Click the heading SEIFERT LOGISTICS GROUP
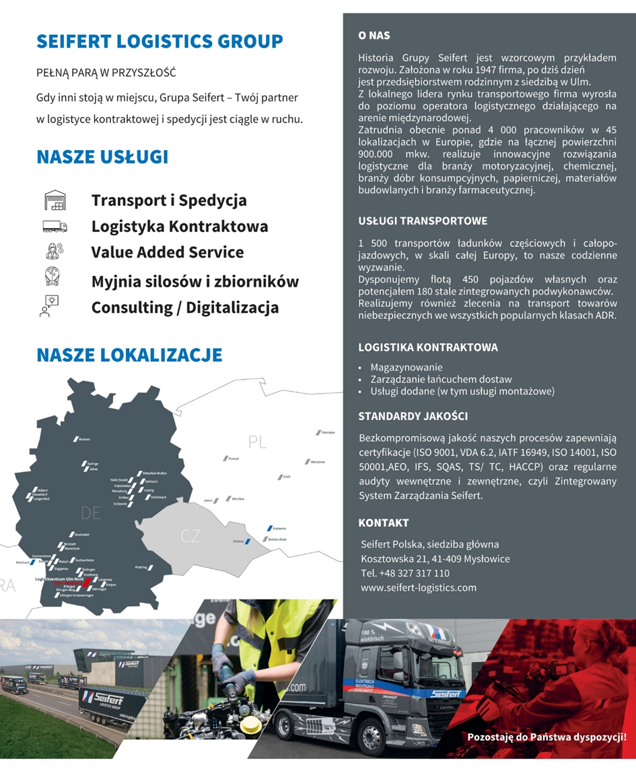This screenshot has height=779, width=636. click(160, 41)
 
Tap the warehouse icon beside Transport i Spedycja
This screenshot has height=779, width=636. click(55, 200)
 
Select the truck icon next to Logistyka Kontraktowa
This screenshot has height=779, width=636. click(55, 226)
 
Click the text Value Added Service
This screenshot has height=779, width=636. click(168, 252)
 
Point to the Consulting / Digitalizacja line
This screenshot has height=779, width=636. click(185, 307)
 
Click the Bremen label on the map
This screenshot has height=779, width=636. click(85, 439)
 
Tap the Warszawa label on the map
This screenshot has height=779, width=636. click(317, 462)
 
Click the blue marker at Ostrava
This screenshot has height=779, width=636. click(248, 540)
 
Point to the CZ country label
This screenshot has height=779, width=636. click(190, 536)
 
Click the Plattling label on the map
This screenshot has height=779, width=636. click(141, 568)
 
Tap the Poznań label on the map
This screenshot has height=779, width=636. click(234, 458)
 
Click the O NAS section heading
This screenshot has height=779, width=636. click(374, 35)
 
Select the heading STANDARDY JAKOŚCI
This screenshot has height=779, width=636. click(413, 416)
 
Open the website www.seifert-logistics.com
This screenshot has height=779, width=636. click(419, 587)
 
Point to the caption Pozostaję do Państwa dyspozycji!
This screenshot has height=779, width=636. click(546, 737)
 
